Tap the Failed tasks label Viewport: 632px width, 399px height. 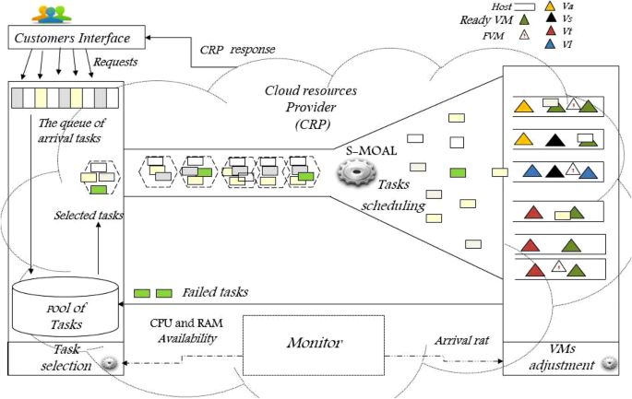214,292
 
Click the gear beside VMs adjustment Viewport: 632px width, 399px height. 608,363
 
